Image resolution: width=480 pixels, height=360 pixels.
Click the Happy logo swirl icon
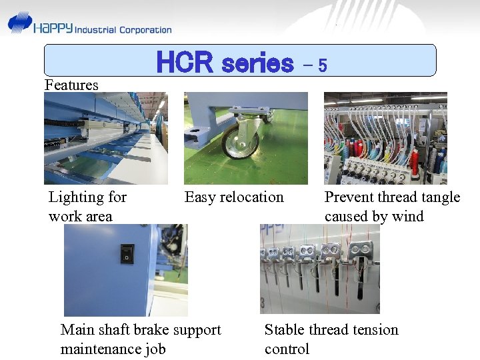[x=19, y=23]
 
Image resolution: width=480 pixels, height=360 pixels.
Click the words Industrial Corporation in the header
[x=123, y=30]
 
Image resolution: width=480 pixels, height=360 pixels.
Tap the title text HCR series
[x=224, y=63]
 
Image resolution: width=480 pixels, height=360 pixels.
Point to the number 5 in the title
[x=322, y=65]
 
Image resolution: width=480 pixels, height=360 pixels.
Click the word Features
[x=71, y=85]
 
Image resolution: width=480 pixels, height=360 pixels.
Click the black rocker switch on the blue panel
[x=126, y=254]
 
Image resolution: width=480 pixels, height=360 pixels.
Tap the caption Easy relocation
[x=234, y=197]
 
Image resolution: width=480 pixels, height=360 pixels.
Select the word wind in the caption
[x=407, y=216]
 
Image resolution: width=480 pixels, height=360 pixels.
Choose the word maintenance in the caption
[x=100, y=349]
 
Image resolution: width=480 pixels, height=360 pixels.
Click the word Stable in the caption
[x=285, y=329]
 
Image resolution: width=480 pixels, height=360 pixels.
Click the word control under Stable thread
[x=287, y=349]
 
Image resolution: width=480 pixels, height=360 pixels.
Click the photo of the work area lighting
[x=105, y=138]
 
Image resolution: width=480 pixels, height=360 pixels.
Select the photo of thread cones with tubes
[x=385, y=138]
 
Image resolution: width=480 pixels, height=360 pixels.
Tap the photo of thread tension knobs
[x=319, y=269]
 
